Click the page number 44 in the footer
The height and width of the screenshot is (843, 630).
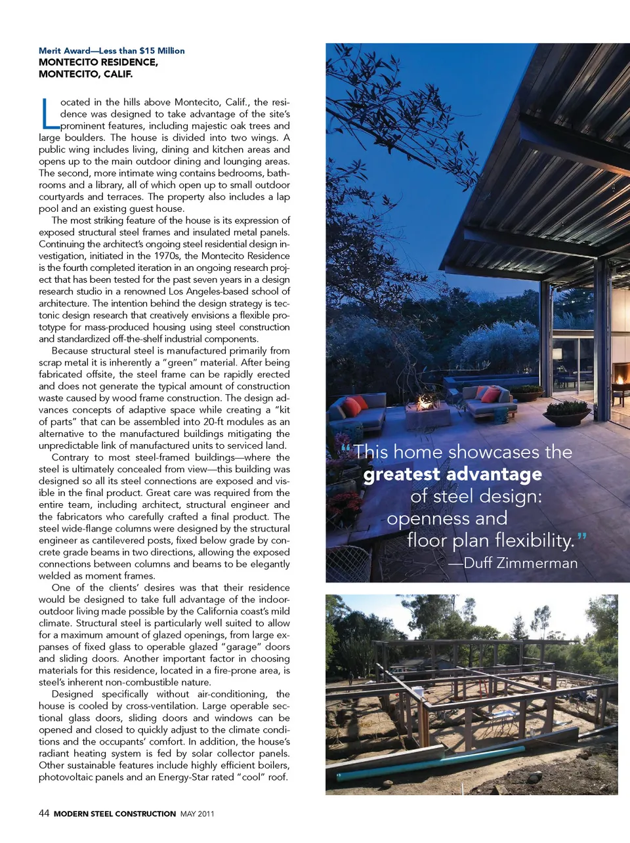44,813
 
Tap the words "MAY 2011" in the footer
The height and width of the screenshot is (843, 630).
197,814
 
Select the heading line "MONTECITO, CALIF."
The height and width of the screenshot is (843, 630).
85,74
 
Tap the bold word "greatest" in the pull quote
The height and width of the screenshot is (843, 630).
402,474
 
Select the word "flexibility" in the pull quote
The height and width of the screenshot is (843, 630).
534,540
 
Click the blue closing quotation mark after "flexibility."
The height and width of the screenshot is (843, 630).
582,538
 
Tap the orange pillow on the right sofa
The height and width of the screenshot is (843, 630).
490,394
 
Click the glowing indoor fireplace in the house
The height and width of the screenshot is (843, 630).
618,379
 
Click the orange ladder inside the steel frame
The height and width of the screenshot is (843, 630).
484,686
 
